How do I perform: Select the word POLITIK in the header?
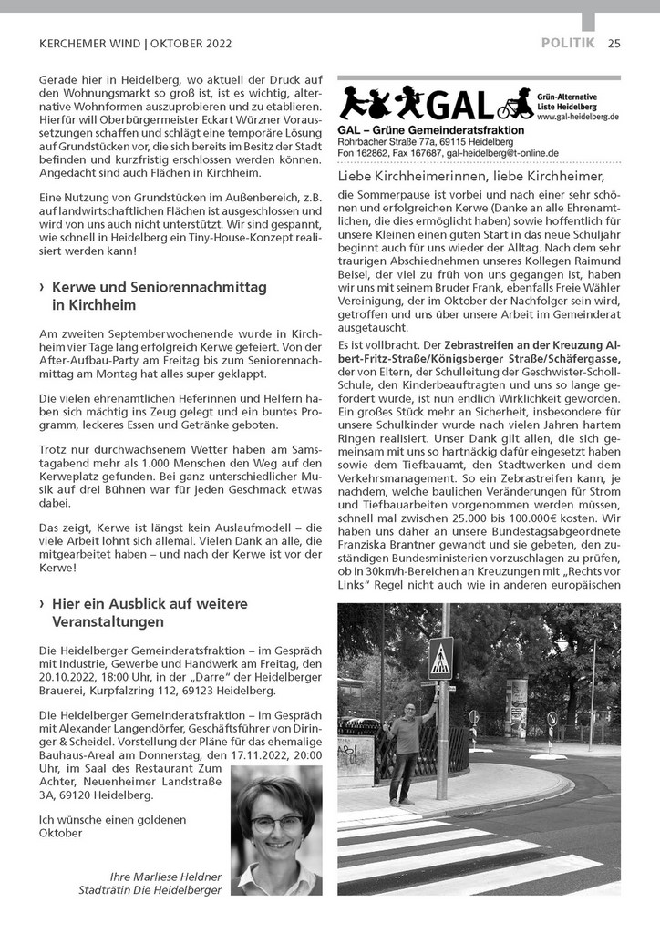coord(567,43)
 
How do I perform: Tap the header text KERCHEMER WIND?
coord(89,43)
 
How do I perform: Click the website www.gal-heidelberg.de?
coord(577,117)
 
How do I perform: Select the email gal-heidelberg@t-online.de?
coord(499,152)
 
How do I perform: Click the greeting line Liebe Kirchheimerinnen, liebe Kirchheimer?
coord(470,175)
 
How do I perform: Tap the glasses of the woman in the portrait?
coord(276,823)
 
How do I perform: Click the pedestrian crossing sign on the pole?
coord(440,657)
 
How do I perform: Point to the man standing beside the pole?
coord(403,752)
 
